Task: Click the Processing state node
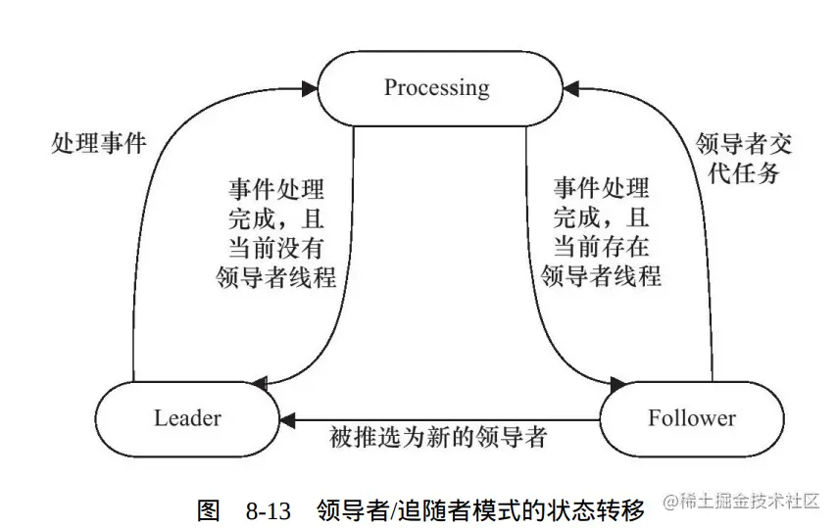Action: (x=436, y=88)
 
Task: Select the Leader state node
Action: (x=187, y=418)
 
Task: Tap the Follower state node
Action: (x=691, y=418)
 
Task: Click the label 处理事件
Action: (x=98, y=144)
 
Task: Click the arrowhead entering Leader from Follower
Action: (x=286, y=419)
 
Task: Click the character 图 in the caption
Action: (x=208, y=510)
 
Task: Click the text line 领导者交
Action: (x=743, y=143)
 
